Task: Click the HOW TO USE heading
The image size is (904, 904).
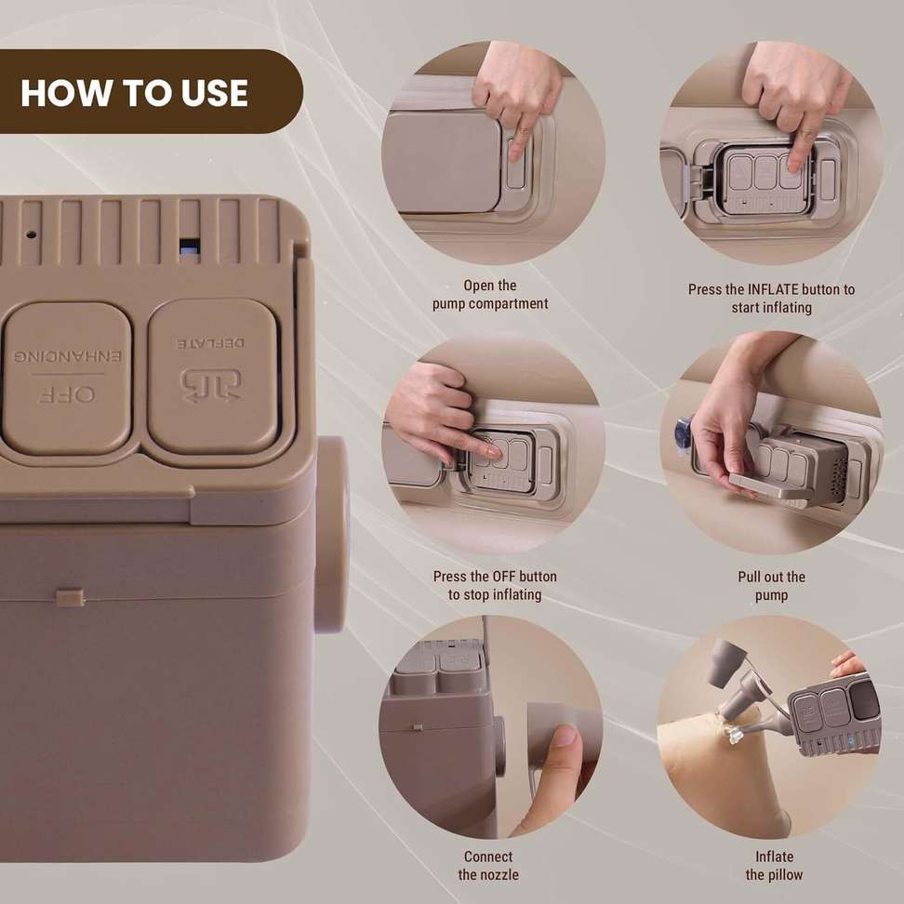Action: point(134,93)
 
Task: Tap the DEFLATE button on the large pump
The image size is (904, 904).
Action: point(213,376)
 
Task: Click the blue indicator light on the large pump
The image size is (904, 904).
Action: point(189,247)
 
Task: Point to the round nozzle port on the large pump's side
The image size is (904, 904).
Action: point(331,535)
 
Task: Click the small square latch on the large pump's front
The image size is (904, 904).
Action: point(70,598)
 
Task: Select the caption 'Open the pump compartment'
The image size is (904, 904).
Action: point(490,295)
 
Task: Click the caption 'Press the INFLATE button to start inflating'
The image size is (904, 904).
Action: point(771,298)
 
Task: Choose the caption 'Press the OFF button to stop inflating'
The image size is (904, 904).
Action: point(495,585)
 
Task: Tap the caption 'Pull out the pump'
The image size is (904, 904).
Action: point(771,586)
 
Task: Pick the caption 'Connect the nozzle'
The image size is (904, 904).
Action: point(488,865)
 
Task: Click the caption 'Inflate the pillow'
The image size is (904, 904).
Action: point(774,865)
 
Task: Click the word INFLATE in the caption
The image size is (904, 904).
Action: point(773,289)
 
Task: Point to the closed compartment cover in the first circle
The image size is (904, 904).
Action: point(441,162)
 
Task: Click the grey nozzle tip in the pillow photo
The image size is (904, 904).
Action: point(727,662)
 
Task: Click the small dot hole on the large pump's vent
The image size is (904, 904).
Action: point(31,234)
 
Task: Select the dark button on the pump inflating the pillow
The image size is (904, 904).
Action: point(865,699)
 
